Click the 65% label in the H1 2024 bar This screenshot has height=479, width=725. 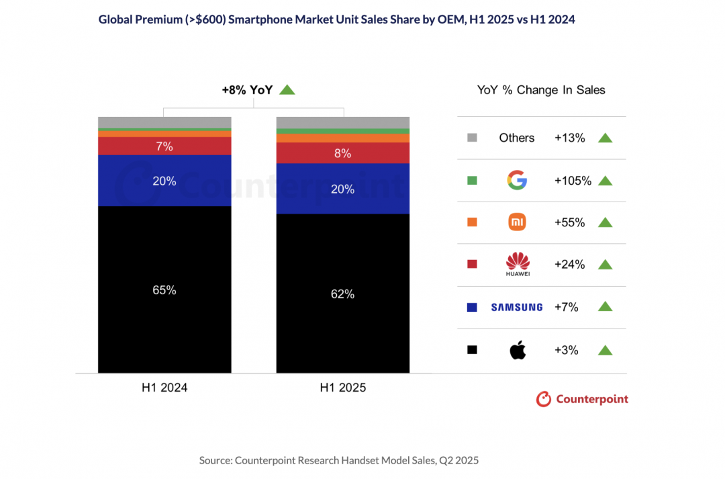point(164,290)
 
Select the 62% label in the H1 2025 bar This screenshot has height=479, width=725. point(343,294)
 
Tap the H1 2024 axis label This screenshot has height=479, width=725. point(164,388)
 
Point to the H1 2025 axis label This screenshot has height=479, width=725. point(343,388)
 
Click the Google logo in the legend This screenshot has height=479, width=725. point(517,180)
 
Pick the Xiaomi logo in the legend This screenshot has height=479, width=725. point(517,222)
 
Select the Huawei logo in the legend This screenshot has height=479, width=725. point(517,264)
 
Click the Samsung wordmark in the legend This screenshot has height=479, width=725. point(517,307)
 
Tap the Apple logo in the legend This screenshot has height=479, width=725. point(517,349)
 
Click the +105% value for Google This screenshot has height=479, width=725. point(573,180)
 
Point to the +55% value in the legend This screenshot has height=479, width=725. point(570,222)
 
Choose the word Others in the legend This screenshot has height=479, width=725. point(517,138)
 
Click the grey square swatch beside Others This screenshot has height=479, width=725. point(472,138)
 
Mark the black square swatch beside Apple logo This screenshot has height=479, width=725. point(472,349)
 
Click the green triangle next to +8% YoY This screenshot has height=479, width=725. point(287,90)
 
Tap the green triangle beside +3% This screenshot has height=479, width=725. point(605,349)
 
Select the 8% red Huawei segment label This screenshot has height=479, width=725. point(343,153)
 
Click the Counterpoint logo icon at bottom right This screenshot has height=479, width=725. point(543,399)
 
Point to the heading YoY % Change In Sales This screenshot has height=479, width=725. point(541,90)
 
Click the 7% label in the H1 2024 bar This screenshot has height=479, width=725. point(164,146)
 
